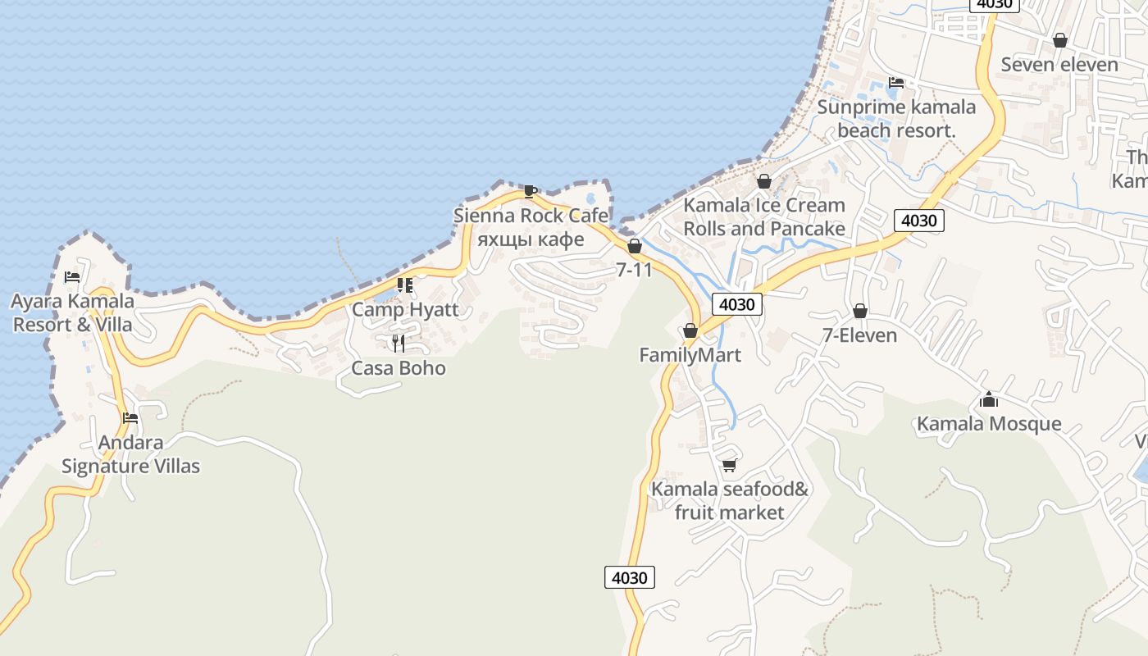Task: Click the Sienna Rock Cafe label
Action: click(x=531, y=216)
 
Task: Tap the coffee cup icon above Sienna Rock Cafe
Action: click(x=531, y=192)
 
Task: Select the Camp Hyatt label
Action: click(x=405, y=310)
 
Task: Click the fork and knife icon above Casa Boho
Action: click(x=399, y=343)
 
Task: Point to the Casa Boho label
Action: click(x=399, y=368)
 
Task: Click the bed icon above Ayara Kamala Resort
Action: click(x=72, y=277)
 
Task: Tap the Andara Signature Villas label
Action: click(x=130, y=455)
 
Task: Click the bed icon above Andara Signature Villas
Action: click(x=130, y=418)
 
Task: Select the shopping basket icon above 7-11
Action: click(x=634, y=246)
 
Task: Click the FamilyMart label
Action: click(x=690, y=355)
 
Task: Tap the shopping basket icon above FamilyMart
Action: click(x=690, y=330)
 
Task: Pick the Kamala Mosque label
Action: click(x=989, y=424)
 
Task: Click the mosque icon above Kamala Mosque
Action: click(x=989, y=399)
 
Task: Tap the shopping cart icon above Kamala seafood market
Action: click(x=729, y=465)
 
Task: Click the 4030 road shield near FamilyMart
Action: click(x=736, y=304)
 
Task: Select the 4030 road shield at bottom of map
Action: click(x=630, y=577)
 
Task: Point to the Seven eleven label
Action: click(x=1059, y=65)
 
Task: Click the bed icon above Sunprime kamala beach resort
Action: click(x=896, y=83)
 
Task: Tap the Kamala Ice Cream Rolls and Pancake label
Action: click(x=764, y=216)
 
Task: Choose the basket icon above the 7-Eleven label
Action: click(x=860, y=311)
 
